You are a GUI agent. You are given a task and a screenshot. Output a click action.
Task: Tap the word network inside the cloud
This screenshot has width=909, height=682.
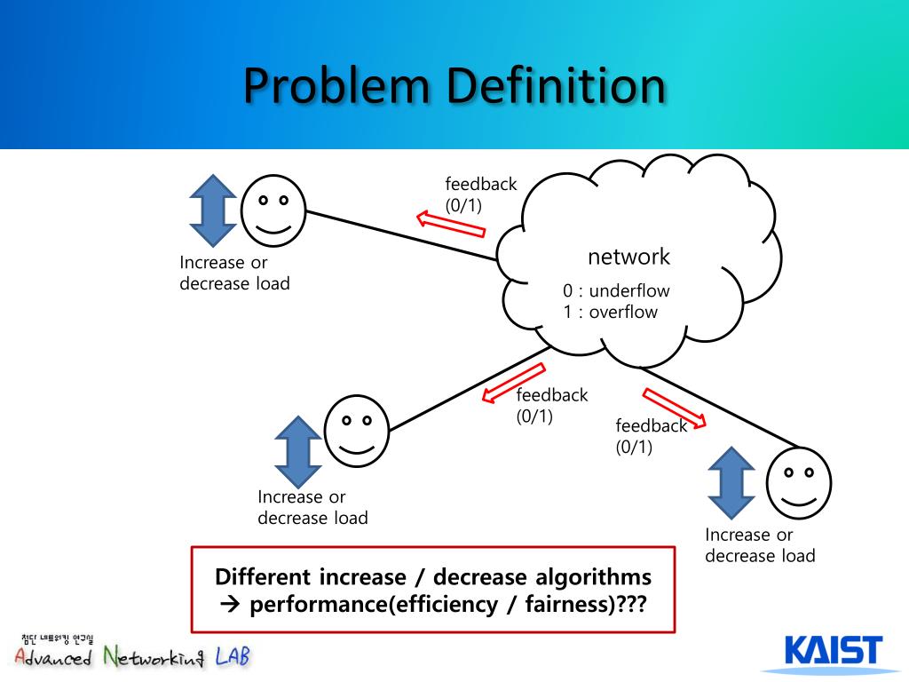[x=628, y=258]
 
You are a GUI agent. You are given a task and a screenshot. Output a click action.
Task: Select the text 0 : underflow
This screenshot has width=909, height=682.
[x=616, y=291]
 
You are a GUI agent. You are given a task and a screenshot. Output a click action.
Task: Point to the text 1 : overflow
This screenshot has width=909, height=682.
[x=610, y=313]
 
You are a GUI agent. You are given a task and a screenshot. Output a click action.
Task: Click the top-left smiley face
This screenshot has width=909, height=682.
[x=273, y=210]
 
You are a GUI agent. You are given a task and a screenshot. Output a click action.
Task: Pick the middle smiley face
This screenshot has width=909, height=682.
[x=357, y=430]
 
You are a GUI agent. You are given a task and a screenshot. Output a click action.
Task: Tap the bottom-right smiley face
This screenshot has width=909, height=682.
[x=799, y=482]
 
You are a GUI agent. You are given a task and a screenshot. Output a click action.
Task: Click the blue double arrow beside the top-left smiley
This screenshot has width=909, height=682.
[x=215, y=210]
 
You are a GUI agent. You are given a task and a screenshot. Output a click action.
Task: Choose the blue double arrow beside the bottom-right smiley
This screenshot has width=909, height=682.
[x=732, y=482]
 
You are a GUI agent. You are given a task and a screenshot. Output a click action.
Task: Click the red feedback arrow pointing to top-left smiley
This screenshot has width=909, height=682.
[x=452, y=224]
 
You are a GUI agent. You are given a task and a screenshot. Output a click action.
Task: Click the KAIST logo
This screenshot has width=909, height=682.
[x=834, y=653]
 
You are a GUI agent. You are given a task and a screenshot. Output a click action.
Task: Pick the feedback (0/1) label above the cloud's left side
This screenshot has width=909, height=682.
[x=480, y=194]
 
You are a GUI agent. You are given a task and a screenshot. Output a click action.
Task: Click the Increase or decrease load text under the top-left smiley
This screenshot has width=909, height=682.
[x=234, y=274]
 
